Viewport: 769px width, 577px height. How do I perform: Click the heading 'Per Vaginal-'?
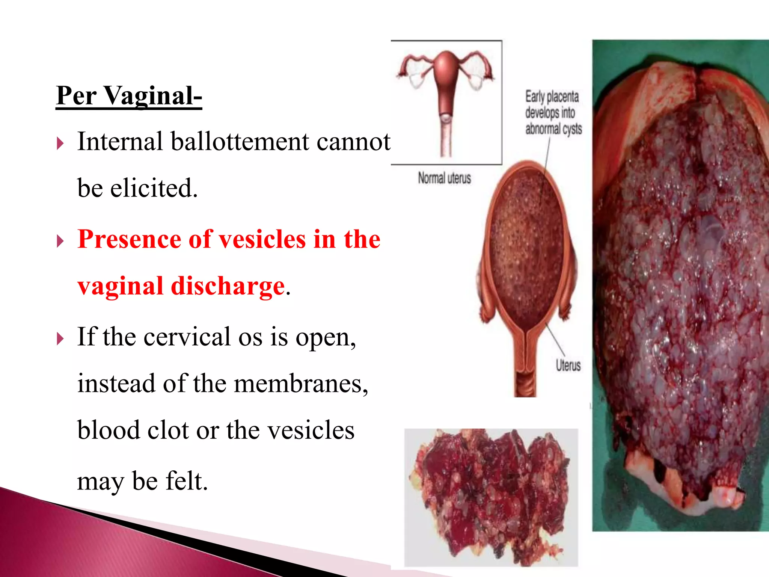(x=129, y=96)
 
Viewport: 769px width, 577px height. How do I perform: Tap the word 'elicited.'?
(x=154, y=188)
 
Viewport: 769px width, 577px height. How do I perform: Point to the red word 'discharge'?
(x=228, y=286)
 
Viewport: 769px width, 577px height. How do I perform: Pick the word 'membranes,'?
(x=301, y=384)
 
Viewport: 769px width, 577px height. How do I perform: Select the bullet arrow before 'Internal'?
(x=60, y=143)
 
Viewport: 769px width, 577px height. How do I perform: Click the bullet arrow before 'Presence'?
(x=60, y=241)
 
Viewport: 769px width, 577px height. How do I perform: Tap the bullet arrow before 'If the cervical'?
(x=60, y=339)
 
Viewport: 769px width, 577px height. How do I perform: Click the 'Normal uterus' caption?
(x=444, y=178)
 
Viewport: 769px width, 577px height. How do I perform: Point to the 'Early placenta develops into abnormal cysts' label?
(x=553, y=112)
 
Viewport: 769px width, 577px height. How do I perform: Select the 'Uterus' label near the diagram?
(x=568, y=365)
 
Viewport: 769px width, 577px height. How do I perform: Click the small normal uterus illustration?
(x=446, y=101)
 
